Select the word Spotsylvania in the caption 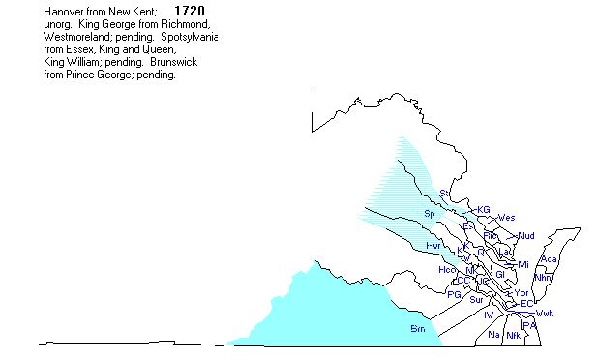[189, 36]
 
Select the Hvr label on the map [432, 246]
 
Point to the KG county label [484, 209]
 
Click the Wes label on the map [506, 217]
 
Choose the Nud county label [526, 236]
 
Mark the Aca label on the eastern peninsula [549, 259]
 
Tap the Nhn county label [542, 277]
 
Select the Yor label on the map [521, 292]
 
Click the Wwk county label [545, 314]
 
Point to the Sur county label [476, 300]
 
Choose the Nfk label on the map [513, 335]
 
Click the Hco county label [448, 269]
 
